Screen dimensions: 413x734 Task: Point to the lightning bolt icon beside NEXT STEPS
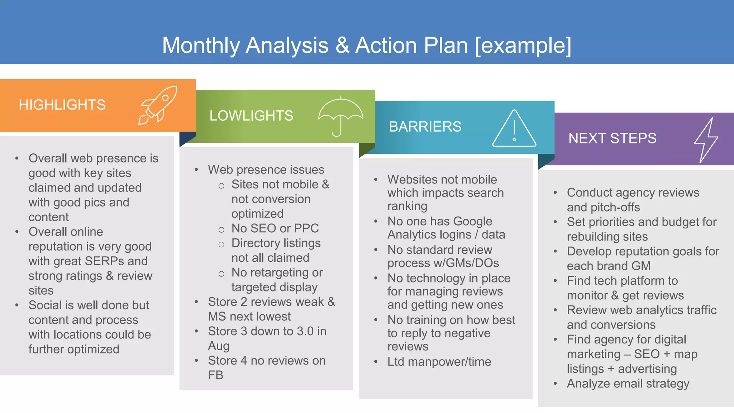click(706, 140)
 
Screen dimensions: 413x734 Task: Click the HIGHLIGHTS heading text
click(62, 105)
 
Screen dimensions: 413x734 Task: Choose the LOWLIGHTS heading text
click(251, 116)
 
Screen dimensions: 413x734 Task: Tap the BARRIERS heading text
click(425, 127)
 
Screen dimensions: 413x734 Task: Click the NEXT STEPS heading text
click(612, 138)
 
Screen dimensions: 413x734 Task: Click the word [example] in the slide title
click(523, 46)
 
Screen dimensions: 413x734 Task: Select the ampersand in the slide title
click(342, 46)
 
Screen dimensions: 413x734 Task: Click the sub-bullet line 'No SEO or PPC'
click(275, 228)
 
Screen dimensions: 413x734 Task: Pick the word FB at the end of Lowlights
click(215, 375)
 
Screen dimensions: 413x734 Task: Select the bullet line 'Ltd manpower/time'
click(439, 362)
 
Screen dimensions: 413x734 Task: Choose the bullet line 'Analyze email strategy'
click(628, 384)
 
